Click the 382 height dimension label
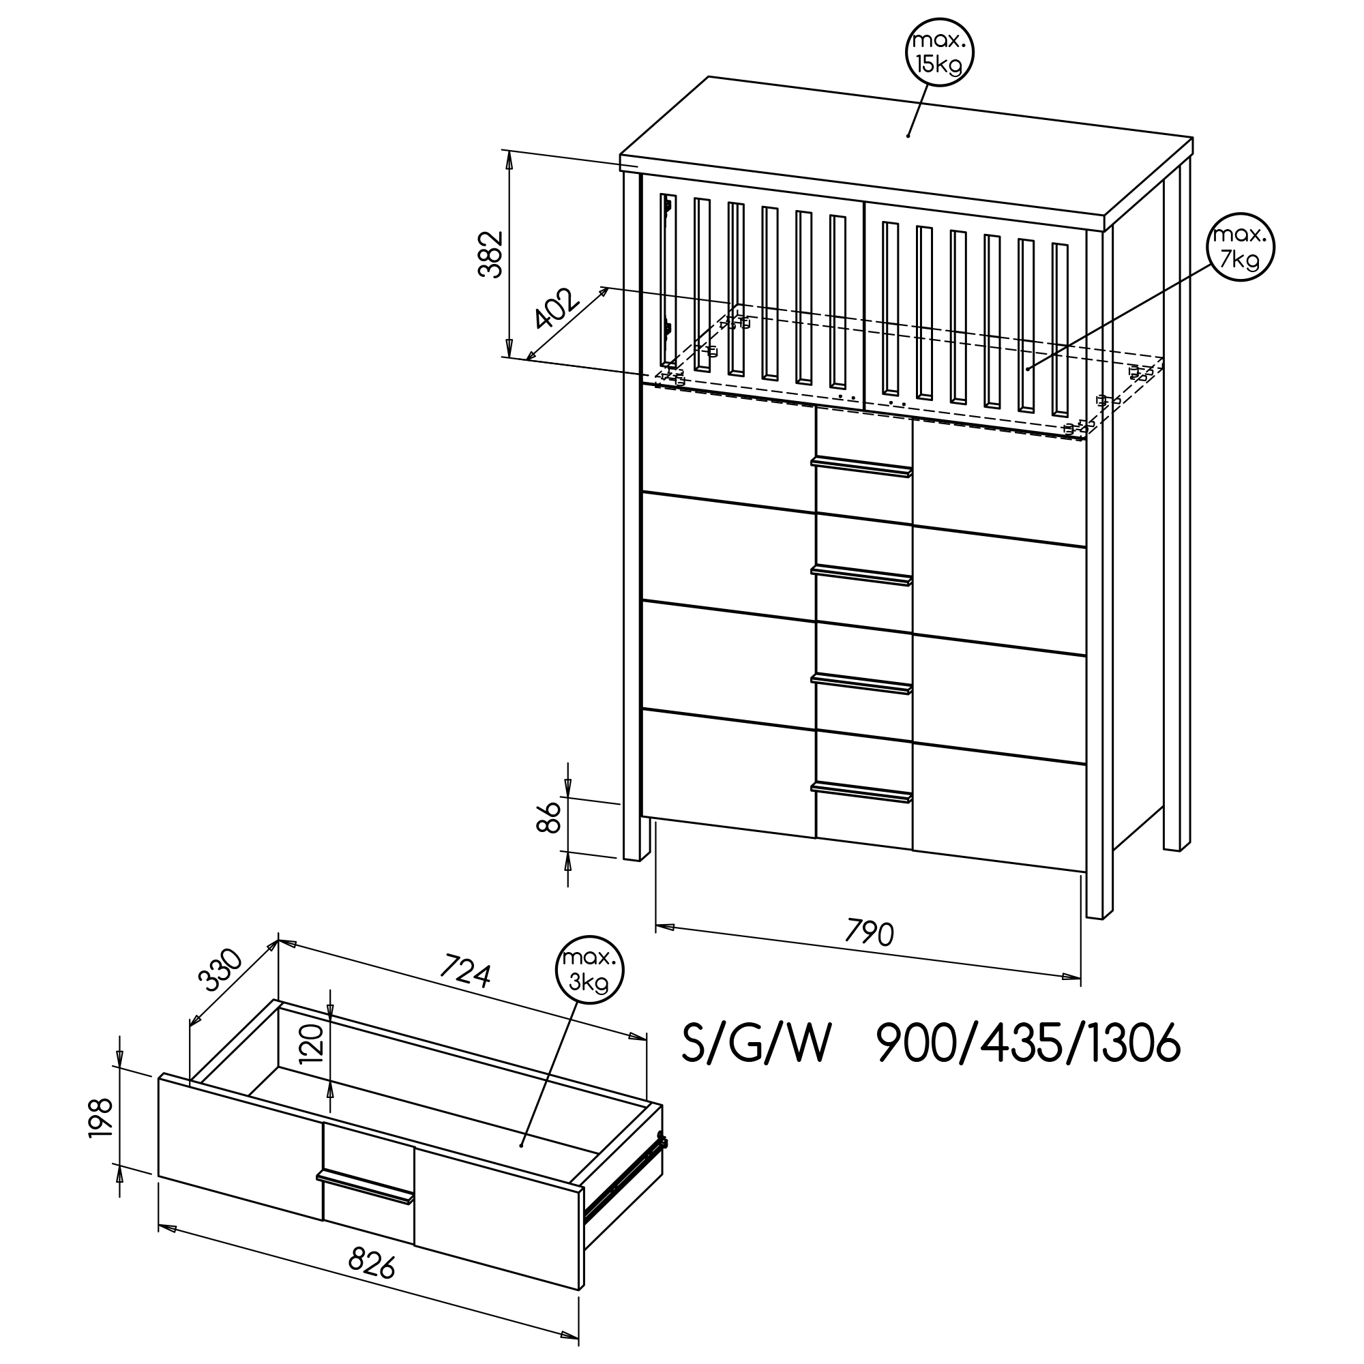point(490,254)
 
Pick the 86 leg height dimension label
point(549,816)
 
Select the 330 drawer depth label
point(220,970)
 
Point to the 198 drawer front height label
point(100,1118)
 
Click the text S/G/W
point(756,1043)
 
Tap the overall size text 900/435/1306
point(1028,1043)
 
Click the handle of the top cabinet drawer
point(861,467)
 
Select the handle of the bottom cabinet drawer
point(861,792)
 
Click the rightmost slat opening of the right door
point(1060,329)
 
